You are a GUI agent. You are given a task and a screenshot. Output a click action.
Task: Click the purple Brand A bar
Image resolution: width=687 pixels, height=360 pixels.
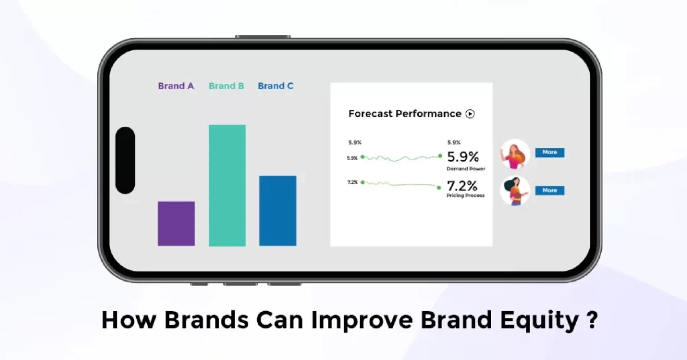pos(176,224)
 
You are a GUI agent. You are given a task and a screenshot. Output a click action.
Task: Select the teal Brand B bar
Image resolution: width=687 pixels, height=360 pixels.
pos(227,185)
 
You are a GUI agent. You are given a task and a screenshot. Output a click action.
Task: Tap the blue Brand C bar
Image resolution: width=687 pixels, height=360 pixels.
pos(278,211)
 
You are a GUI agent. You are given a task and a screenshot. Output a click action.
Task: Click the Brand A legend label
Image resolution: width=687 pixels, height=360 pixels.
pos(176,86)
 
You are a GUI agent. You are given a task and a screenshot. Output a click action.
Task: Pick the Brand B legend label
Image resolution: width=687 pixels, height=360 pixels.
pos(226,86)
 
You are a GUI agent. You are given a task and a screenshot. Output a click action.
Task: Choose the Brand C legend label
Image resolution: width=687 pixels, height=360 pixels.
pos(276,86)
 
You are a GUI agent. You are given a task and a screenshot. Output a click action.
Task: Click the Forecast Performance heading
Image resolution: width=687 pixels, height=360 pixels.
pos(405,114)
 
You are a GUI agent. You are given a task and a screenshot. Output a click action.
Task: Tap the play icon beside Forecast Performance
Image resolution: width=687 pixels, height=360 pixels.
pos(470,114)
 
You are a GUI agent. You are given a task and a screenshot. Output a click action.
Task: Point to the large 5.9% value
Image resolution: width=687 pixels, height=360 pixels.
pos(463,157)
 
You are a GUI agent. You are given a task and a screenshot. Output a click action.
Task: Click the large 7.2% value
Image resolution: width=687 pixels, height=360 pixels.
pos(462,186)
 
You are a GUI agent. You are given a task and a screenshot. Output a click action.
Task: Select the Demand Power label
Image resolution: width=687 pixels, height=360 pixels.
pos(466,169)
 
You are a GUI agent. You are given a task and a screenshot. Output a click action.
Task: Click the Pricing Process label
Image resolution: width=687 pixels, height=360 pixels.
pos(466,195)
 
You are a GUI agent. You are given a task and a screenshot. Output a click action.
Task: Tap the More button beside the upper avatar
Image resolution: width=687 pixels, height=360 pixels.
pos(550,152)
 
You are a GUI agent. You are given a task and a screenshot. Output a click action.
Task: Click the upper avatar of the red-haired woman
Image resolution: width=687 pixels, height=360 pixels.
pos(515,154)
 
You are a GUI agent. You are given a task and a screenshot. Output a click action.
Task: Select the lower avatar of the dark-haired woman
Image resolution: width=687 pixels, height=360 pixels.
pos(515,191)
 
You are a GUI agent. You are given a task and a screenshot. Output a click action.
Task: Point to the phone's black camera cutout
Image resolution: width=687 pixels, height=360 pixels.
pos(125,160)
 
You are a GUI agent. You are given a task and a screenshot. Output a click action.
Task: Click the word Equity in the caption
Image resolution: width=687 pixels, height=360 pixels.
pos(539,320)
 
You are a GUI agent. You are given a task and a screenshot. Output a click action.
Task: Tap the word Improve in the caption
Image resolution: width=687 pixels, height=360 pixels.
pos(362,320)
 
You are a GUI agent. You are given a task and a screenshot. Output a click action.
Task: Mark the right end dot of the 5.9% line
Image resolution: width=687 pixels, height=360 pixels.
pos(440,156)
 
